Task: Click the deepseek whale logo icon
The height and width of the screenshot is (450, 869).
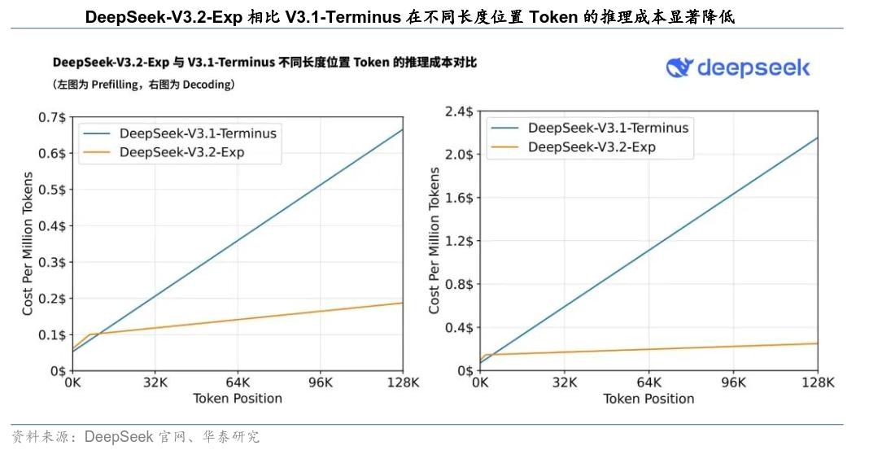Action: [x=679, y=67]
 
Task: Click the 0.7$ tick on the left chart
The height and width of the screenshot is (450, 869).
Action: [x=51, y=117]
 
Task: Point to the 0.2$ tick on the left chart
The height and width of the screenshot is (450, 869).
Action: [x=51, y=299]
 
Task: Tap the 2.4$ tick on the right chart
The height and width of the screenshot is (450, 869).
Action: [x=460, y=111]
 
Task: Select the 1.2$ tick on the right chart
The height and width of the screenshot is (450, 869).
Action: [x=460, y=241]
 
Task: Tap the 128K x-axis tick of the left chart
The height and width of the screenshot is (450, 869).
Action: [x=402, y=382]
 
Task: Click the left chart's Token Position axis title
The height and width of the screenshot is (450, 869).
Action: [x=238, y=399]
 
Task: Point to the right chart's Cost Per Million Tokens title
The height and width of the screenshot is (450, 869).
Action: [x=434, y=241]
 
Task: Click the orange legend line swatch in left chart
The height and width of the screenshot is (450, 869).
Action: [x=97, y=153]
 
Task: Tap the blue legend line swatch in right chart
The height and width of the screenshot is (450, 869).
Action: [x=504, y=128]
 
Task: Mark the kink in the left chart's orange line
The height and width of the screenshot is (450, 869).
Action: [x=89, y=334]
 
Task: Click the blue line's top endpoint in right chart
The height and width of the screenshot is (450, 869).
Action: [x=817, y=138]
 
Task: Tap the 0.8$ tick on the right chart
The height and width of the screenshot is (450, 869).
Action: [x=460, y=285]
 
